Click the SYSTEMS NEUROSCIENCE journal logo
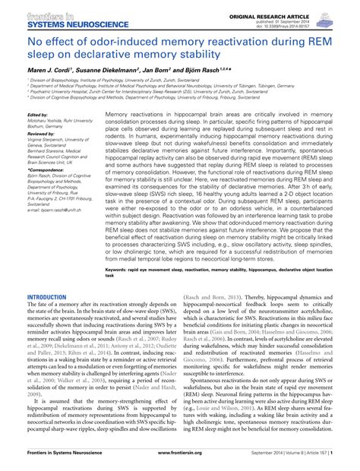(x=57, y=15)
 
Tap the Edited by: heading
(x=37, y=115)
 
